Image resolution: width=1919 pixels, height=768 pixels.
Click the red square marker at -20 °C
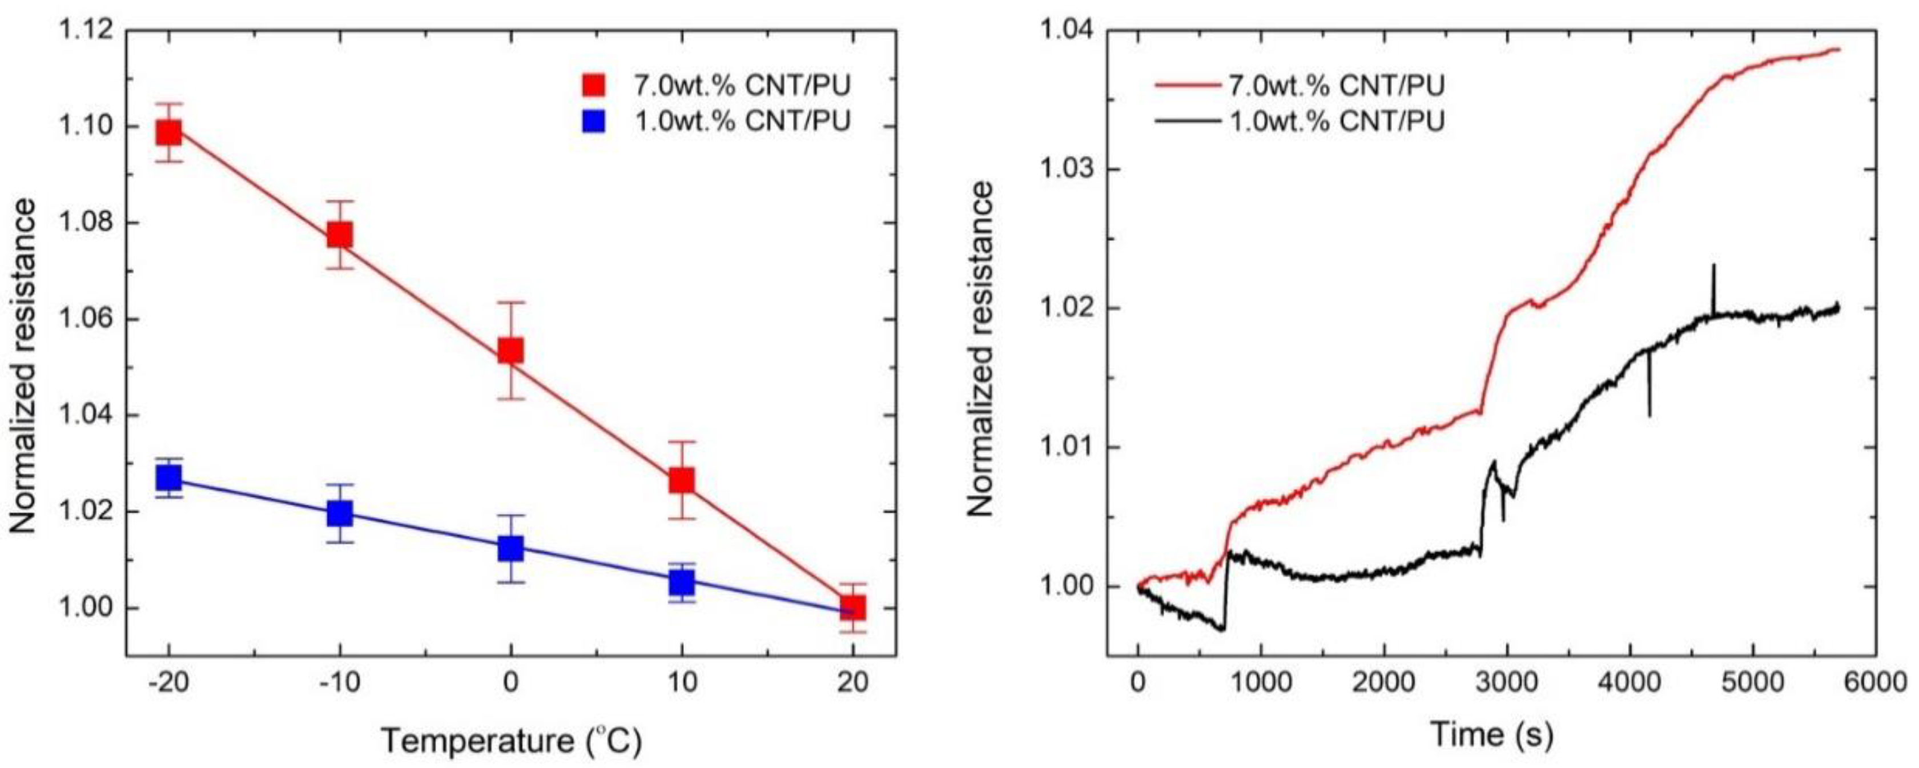169,134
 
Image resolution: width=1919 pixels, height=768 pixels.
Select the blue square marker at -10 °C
340,513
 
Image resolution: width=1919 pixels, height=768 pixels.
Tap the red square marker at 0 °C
510,350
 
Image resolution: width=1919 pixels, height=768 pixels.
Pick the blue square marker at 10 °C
681,582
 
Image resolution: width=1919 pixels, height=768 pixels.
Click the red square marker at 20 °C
852,608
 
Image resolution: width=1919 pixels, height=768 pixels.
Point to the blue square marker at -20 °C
169,477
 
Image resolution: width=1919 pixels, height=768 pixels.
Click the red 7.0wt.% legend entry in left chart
715,85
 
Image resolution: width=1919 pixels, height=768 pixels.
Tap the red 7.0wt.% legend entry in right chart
1300,85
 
